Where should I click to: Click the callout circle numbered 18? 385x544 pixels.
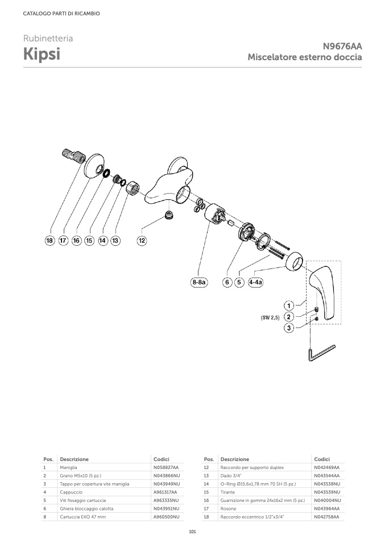[50, 240]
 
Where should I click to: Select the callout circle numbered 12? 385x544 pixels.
[142, 240]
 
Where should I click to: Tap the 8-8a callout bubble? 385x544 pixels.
[199, 282]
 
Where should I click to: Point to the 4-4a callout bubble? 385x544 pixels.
[256, 282]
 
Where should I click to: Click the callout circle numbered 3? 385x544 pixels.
[289, 328]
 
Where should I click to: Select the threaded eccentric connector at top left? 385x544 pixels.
[74, 156]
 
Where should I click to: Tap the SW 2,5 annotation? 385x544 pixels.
[270, 317]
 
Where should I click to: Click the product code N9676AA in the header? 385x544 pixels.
[342, 46]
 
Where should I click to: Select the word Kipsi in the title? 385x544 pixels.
[42, 54]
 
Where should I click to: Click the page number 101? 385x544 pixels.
[192, 532]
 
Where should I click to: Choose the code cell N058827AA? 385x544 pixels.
[166, 467]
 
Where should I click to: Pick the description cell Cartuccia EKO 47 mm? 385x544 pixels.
[82, 517]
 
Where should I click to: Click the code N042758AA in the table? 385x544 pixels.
[326, 517]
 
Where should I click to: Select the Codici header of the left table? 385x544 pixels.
[162, 459]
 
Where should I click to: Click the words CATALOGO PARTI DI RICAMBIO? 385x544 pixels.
[61, 14]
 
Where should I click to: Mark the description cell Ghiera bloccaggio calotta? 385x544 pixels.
[86, 508]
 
